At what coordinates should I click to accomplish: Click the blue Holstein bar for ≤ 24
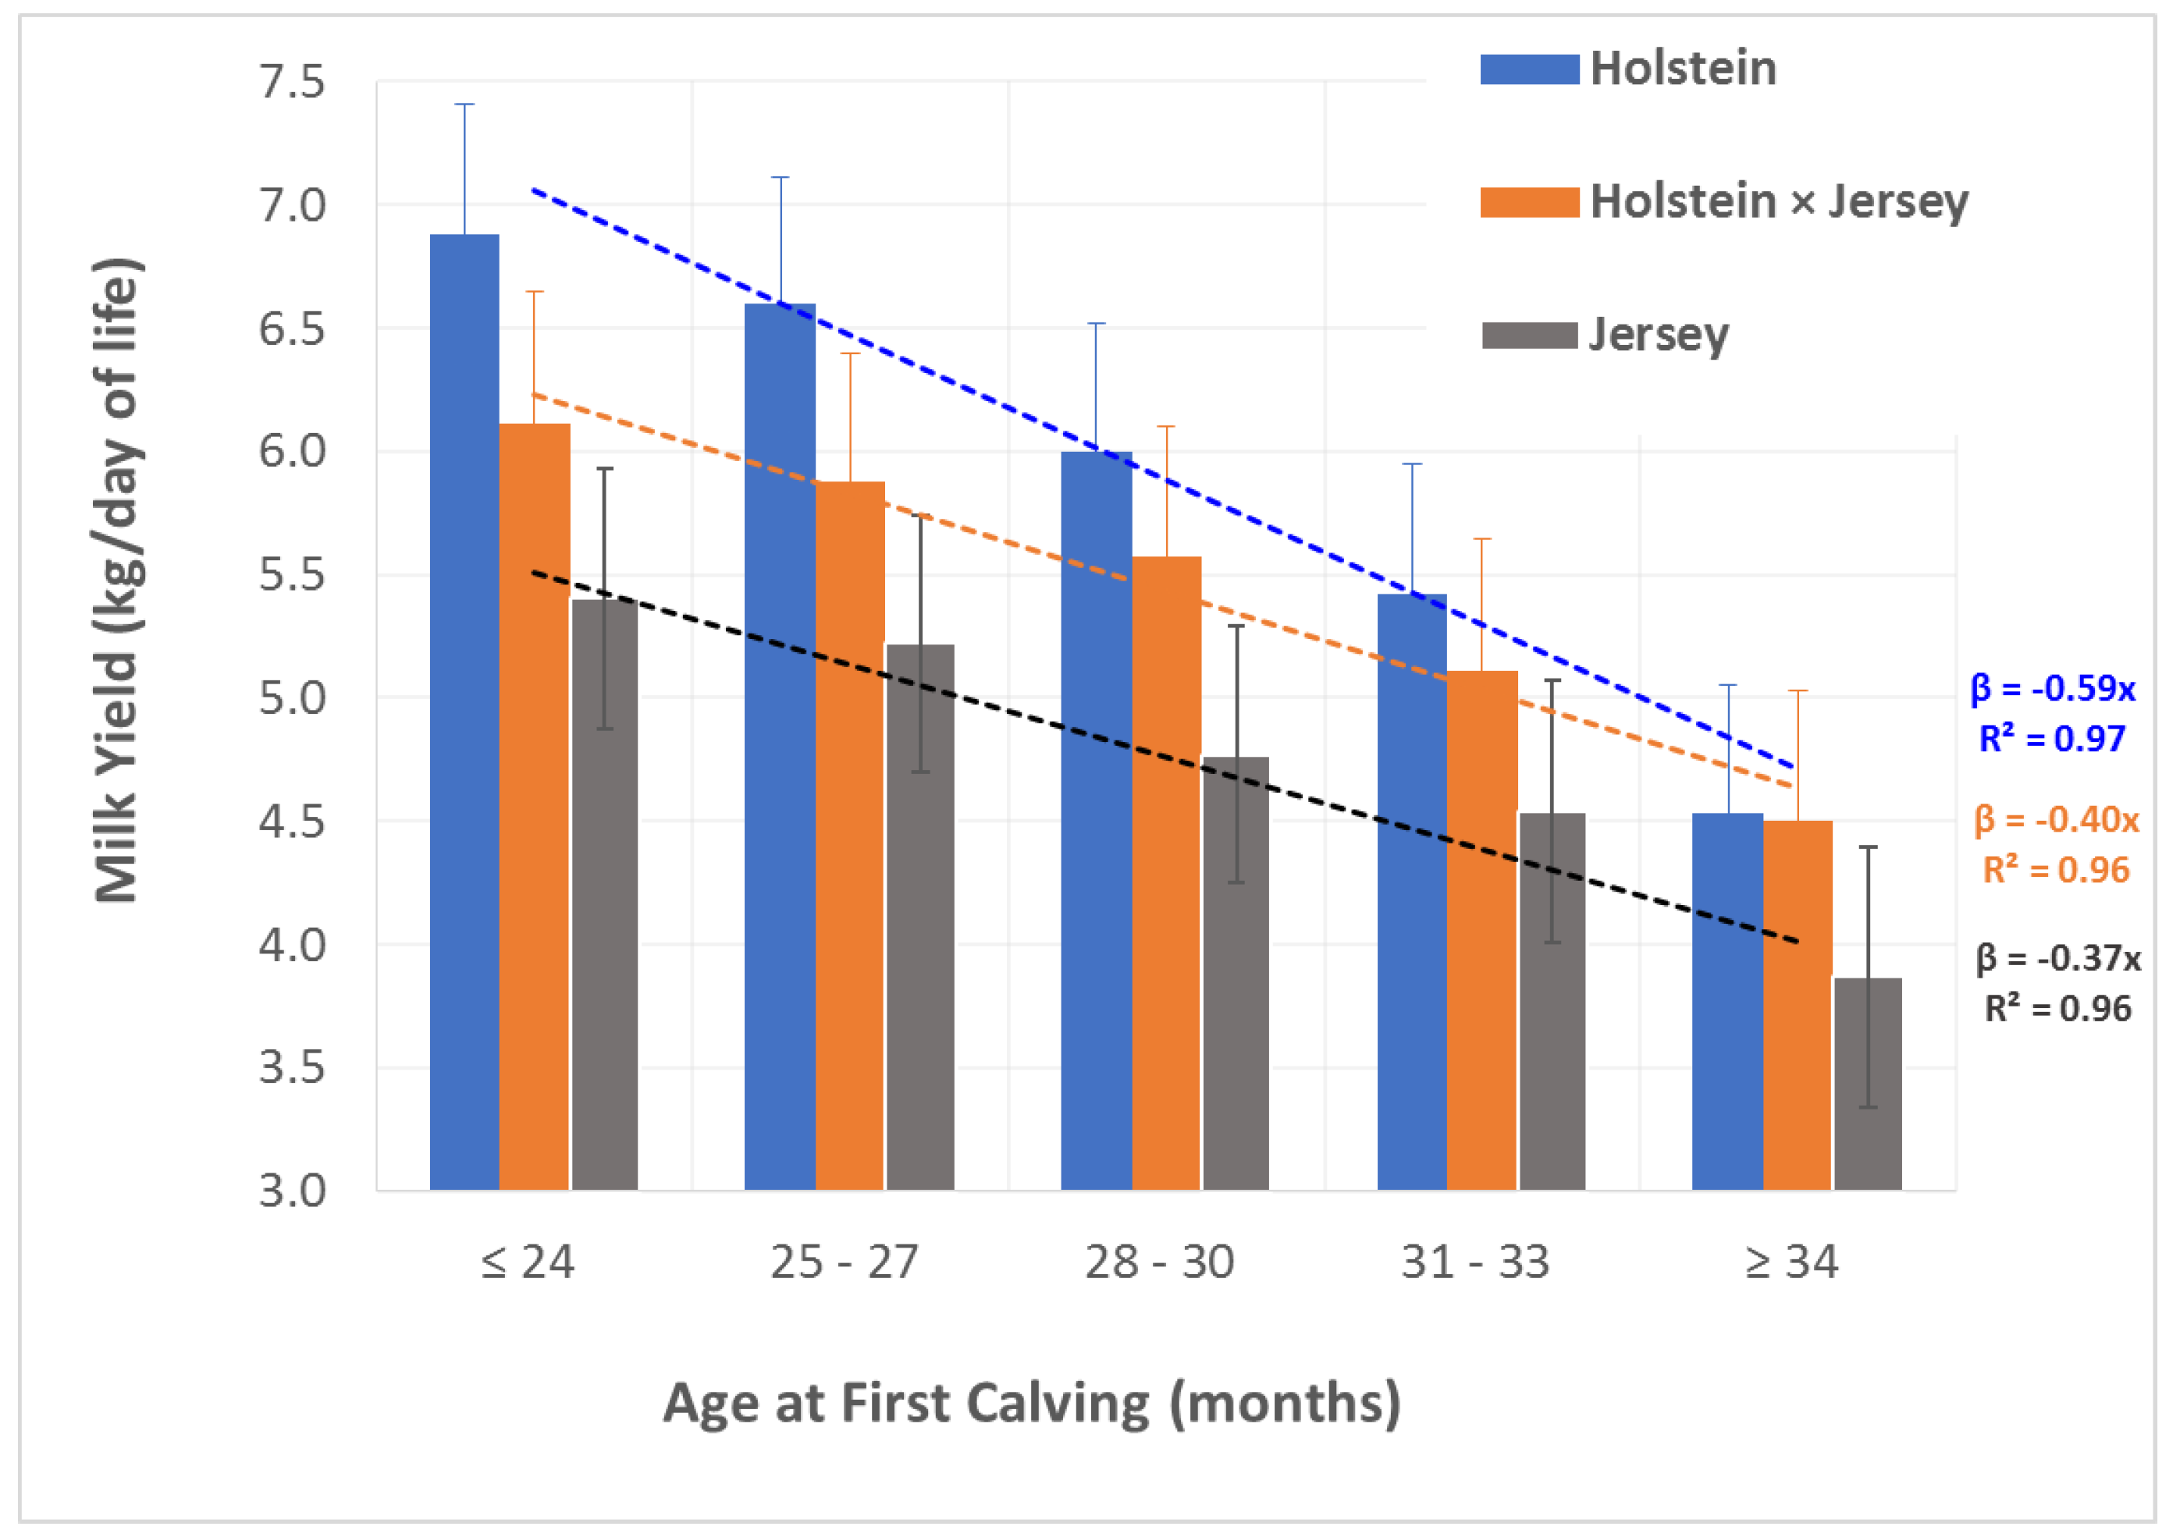point(464,712)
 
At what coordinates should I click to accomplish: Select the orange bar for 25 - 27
point(850,836)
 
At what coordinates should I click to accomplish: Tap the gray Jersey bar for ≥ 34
point(1868,1083)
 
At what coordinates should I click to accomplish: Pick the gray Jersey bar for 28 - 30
point(1236,972)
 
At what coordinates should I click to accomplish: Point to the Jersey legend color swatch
point(1529,335)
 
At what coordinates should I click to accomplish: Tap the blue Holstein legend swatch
point(1529,69)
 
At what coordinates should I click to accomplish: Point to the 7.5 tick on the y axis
point(291,83)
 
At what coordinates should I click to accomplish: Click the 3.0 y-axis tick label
point(291,1190)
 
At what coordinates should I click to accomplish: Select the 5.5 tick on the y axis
point(291,574)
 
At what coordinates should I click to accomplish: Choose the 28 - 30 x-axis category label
point(1159,1262)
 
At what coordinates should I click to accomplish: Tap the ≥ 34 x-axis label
point(1791,1262)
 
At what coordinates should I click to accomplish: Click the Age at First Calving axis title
point(1032,1403)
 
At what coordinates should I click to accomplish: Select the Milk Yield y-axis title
point(118,579)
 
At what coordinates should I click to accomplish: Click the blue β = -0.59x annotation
point(2053,687)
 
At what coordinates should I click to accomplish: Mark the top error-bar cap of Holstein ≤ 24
point(464,105)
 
